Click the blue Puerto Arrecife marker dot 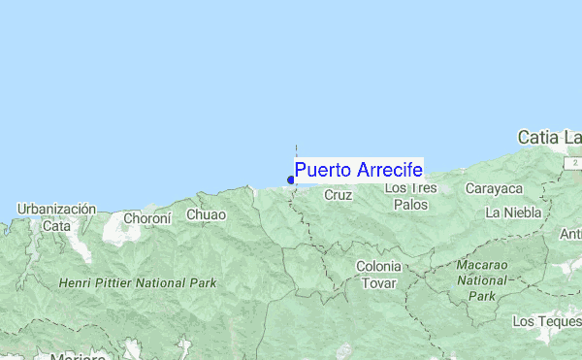click(x=291, y=179)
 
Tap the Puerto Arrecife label click(x=358, y=170)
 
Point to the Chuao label click(x=206, y=214)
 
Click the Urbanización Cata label click(x=56, y=216)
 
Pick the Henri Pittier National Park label click(x=137, y=283)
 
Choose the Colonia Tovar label click(x=378, y=275)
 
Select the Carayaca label click(x=494, y=188)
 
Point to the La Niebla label click(x=514, y=212)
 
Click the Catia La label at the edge click(x=549, y=138)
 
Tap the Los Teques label click(x=546, y=320)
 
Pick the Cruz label click(x=338, y=195)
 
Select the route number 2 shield click(x=574, y=161)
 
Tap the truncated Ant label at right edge click(x=570, y=235)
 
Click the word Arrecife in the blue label click(x=389, y=170)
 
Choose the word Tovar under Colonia click(x=378, y=283)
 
